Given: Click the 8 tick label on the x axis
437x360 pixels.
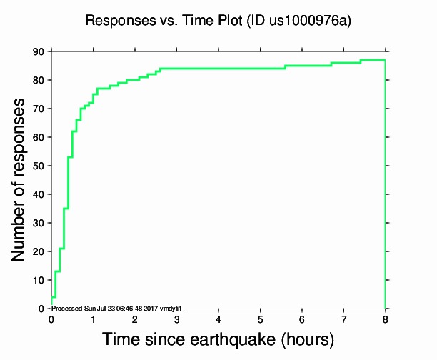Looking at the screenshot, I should click(x=386, y=319).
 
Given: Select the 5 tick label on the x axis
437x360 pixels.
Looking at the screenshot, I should click(x=261, y=319).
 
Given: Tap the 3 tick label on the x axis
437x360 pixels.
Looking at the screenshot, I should click(x=176, y=319).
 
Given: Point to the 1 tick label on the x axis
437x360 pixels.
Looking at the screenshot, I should click(x=93, y=319).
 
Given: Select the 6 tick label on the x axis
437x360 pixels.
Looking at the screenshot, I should click(x=302, y=319).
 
